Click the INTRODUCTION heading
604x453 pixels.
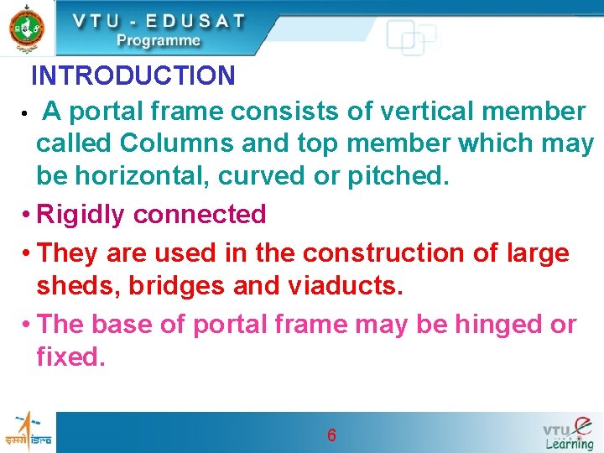[133, 76]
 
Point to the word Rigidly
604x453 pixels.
[82, 215]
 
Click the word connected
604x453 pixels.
[200, 215]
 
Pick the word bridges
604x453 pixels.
[176, 286]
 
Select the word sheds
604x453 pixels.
[77, 286]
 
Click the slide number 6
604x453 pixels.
[332, 435]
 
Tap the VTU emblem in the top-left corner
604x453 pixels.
[27, 29]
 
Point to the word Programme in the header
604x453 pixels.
[159, 40]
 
